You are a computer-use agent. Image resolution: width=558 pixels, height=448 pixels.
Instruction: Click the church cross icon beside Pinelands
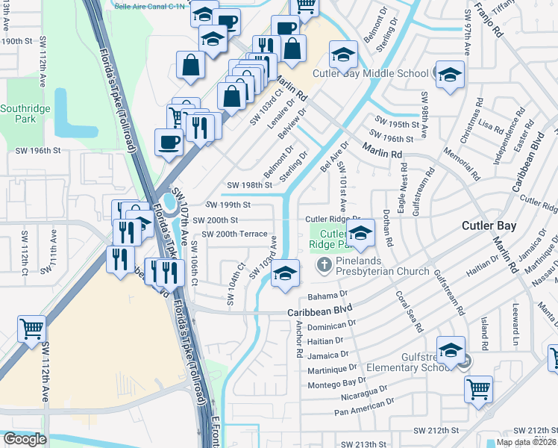click(x=325, y=264)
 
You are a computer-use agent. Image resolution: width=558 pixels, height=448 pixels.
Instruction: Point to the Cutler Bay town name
click(x=489, y=225)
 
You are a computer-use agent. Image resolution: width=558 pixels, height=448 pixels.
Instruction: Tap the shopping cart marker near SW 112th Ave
click(x=31, y=329)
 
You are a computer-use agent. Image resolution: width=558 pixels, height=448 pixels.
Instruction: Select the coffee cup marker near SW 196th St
click(x=168, y=141)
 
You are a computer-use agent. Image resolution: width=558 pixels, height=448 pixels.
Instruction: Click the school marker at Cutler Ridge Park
click(x=360, y=234)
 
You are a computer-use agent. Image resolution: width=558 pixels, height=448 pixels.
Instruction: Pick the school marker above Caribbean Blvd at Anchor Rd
click(x=285, y=273)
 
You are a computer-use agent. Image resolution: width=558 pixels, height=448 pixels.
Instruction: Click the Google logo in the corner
click(x=25, y=439)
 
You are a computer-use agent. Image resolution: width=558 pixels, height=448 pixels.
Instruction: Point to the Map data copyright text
click(x=526, y=442)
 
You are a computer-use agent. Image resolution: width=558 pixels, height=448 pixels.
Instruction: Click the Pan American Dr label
click(x=362, y=411)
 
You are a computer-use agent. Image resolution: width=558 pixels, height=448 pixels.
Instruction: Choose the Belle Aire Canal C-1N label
click(x=151, y=4)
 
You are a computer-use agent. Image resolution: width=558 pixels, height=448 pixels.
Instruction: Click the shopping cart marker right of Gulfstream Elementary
click(x=478, y=388)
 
